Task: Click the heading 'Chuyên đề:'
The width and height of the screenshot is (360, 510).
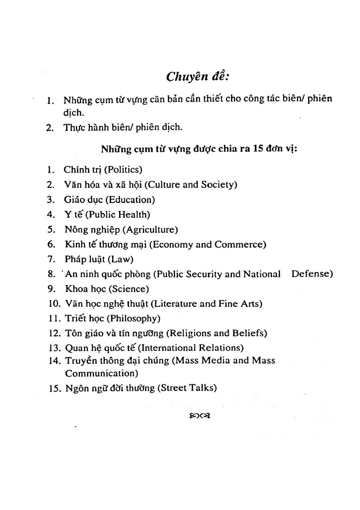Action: pyautogui.click(x=198, y=76)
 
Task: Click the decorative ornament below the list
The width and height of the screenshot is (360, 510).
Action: pyautogui.click(x=199, y=416)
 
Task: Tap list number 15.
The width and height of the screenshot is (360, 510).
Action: pyautogui.click(x=55, y=388)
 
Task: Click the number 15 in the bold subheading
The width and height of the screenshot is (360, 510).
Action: pyautogui.click(x=258, y=149)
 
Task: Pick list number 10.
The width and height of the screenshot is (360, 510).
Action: pyautogui.click(x=55, y=304)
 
